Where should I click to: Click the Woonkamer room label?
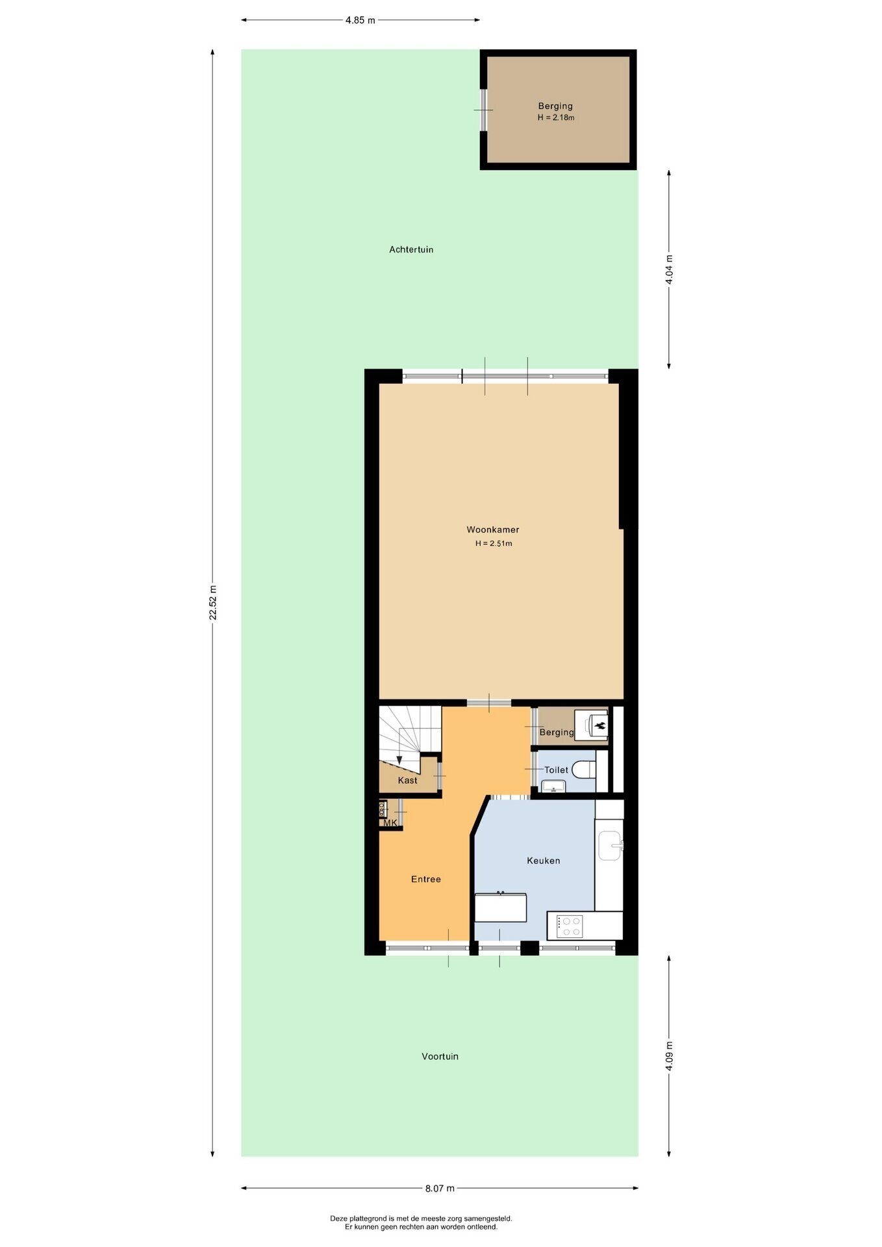point(493,529)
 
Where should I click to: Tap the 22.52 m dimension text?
point(213,603)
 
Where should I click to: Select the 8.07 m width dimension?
point(440,1189)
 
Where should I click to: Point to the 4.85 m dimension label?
point(360,20)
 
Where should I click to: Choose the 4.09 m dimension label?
point(670,1057)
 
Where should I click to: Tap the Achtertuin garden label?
point(411,249)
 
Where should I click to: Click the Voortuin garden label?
point(440,1057)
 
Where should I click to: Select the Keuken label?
point(544,861)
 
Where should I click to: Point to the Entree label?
point(426,879)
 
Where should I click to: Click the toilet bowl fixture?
point(585,770)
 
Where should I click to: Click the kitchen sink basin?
point(610,845)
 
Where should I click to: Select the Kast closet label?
point(408,780)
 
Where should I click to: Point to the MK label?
point(390,823)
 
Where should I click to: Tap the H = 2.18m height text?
point(556,118)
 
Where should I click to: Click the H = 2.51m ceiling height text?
point(494,544)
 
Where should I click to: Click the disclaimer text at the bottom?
point(421,1223)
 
